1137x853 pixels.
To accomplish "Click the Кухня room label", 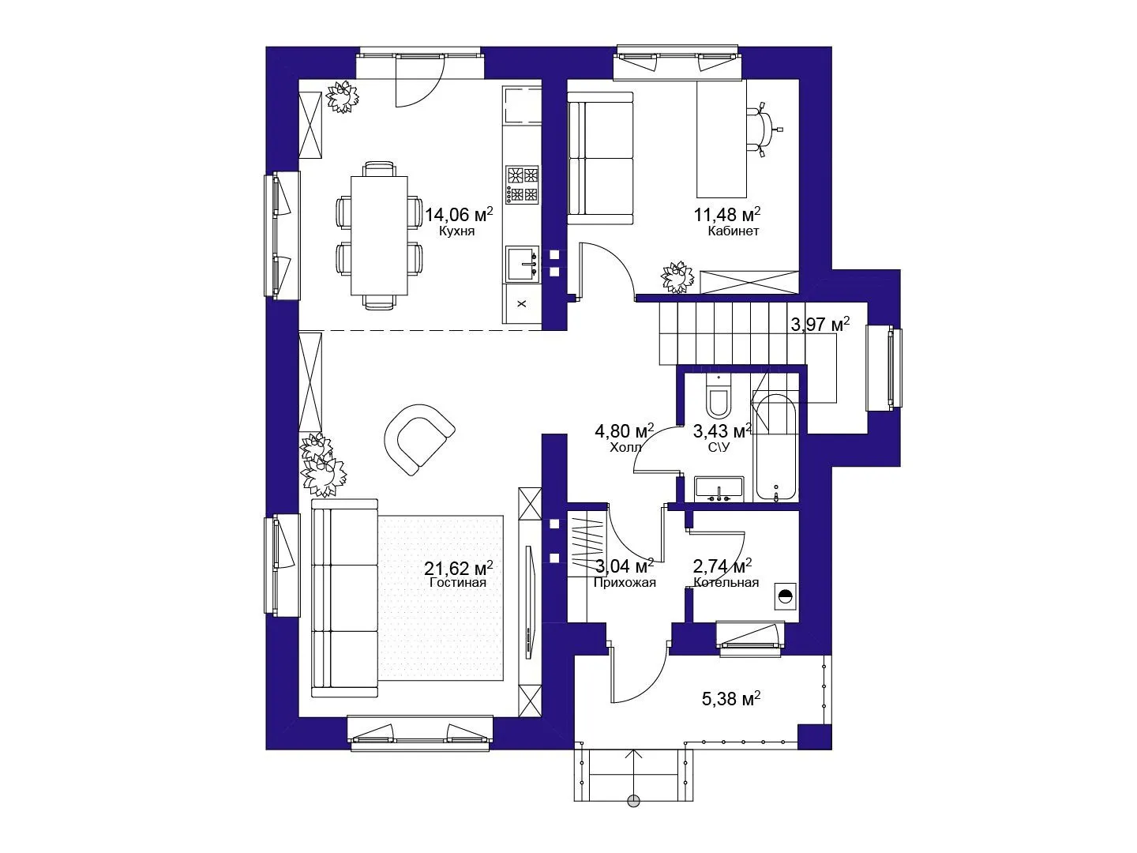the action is click(456, 231).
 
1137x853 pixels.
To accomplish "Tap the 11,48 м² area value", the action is click(727, 213).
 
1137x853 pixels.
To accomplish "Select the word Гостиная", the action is click(458, 582).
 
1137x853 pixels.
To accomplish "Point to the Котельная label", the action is click(726, 582).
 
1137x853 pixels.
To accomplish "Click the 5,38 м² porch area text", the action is click(731, 699).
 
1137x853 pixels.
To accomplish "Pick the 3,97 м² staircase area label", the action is click(820, 324).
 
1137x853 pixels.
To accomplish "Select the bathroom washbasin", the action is click(719, 490).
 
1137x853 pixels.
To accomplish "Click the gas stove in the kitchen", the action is click(522, 184).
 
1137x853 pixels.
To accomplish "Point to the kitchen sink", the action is click(522, 264).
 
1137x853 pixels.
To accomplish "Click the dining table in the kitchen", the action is click(379, 235).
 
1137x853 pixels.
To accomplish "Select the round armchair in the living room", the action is click(419, 439).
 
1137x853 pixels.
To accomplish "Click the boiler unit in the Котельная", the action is click(786, 596).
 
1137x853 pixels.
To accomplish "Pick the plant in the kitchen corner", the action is click(342, 96).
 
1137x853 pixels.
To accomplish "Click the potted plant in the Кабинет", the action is click(677, 277).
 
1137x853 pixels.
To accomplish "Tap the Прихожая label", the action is click(625, 583).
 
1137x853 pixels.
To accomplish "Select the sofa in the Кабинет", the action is click(600, 158).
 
